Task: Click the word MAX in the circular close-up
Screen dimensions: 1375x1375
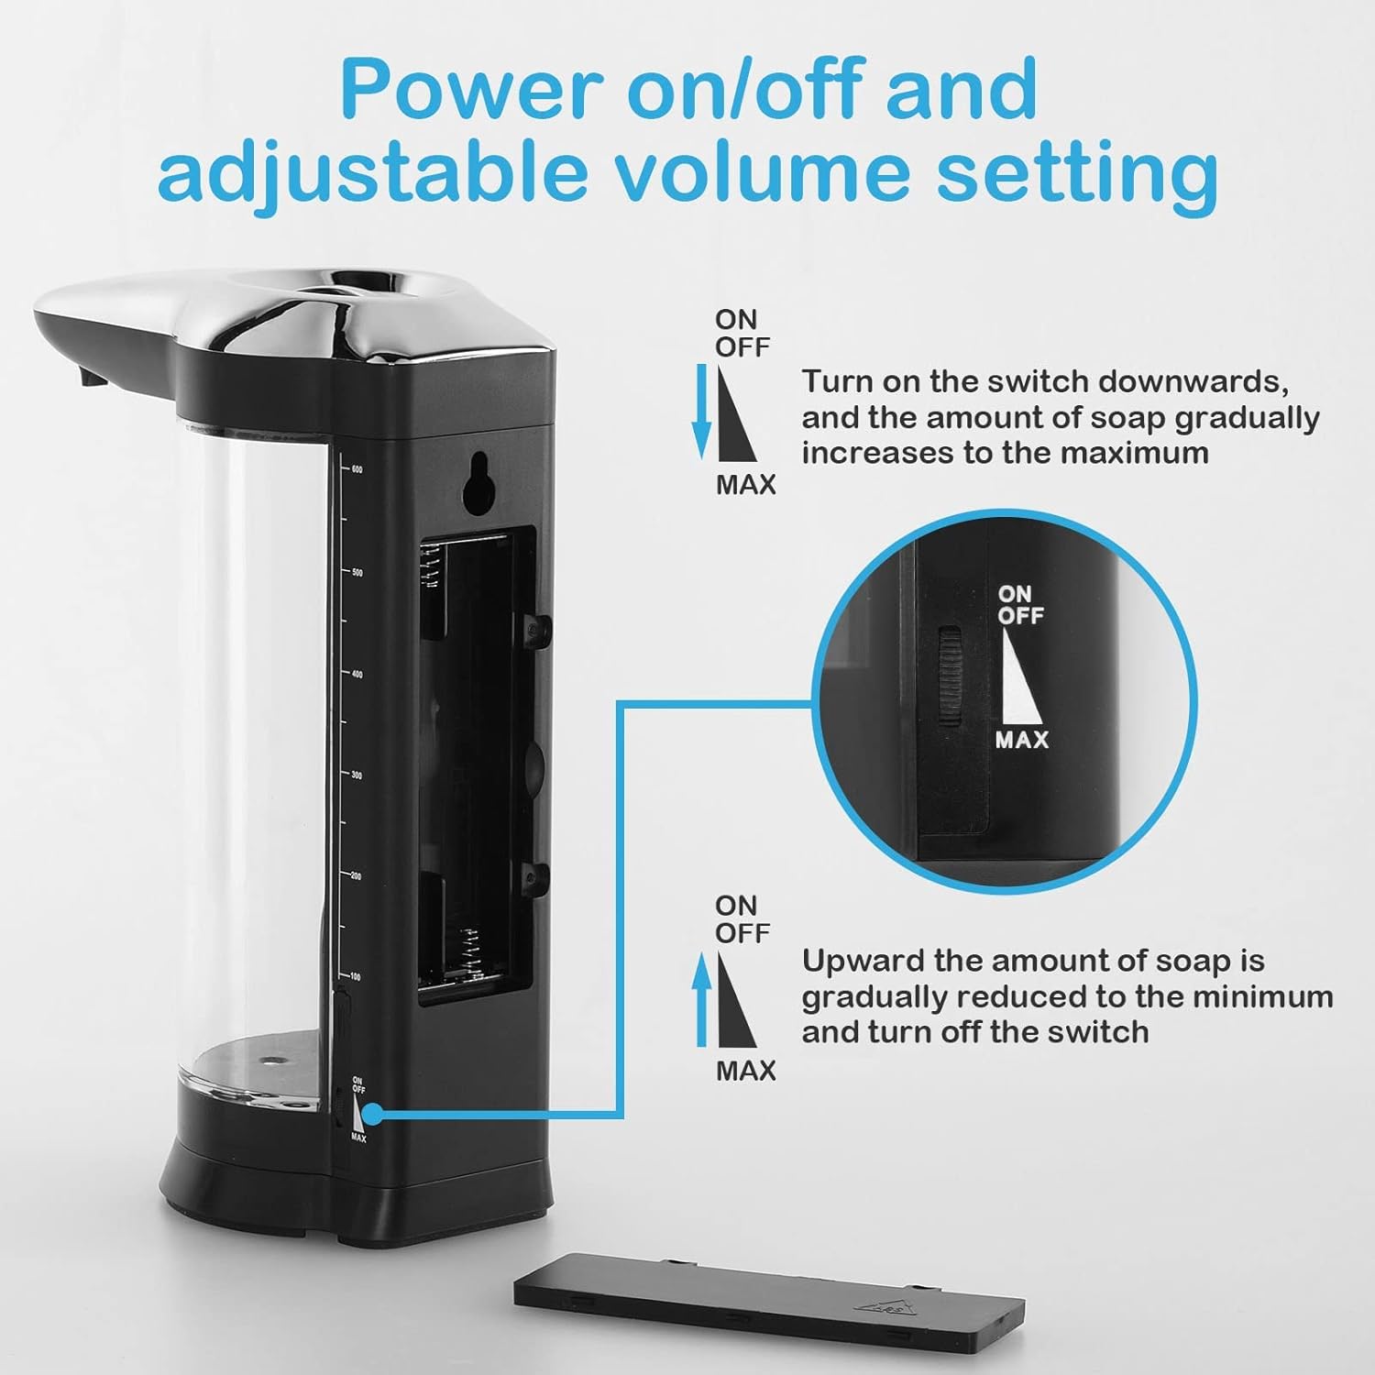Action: point(1022,739)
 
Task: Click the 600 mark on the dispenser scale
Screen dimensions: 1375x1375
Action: point(357,469)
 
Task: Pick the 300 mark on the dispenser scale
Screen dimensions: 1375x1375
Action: point(357,775)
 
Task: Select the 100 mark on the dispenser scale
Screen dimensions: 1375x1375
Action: point(356,977)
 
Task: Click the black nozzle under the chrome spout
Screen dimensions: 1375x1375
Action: point(88,376)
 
